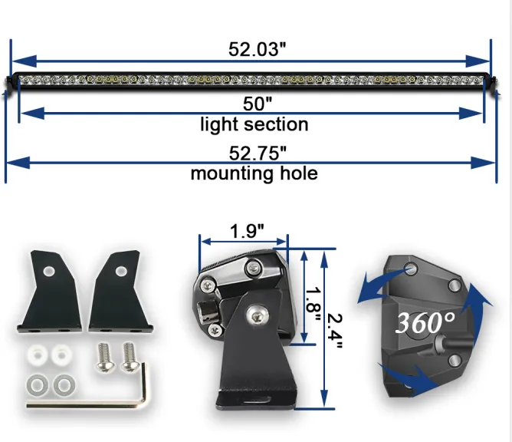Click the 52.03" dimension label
[x=257, y=49]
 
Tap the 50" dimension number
[x=258, y=104]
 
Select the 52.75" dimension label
[x=258, y=153]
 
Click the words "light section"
[x=254, y=124]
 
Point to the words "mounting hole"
[x=254, y=173]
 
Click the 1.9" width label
[x=247, y=231]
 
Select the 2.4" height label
[x=334, y=331]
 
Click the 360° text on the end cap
[x=425, y=322]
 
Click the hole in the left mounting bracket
[x=49, y=271]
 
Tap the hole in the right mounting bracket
[x=121, y=271]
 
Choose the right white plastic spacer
[x=61, y=355]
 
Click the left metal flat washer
[x=38, y=384]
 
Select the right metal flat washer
[x=64, y=384]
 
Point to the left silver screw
[x=104, y=357]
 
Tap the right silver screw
[x=130, y=357]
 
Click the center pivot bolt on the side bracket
[x=258, y=315]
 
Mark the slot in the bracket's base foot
[x=257, y=399]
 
